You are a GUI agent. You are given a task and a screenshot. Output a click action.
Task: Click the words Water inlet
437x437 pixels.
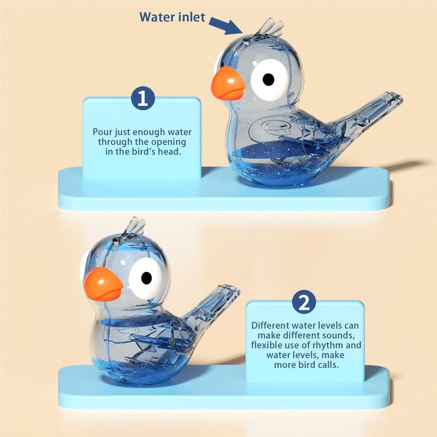coord(172,17)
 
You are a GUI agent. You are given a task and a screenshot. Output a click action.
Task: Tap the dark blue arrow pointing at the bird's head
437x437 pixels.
coord(226,26)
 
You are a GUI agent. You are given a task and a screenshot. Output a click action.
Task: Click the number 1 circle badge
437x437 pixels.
coord(143,98)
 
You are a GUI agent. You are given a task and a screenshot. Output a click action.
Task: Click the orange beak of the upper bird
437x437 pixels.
coord(228,84)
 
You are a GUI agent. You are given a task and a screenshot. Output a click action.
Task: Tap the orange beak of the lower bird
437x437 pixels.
coord(103,285)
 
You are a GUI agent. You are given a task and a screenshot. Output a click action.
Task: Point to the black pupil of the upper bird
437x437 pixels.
coord(268,79)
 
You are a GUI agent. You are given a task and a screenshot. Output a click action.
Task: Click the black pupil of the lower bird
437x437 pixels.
coord(146,277)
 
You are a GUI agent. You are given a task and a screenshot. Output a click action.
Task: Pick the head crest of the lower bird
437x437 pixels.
coord(135,226)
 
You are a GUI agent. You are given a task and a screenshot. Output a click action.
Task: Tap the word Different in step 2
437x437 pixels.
coord(270,325)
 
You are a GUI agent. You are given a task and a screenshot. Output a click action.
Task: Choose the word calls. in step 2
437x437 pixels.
coord(328,365)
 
